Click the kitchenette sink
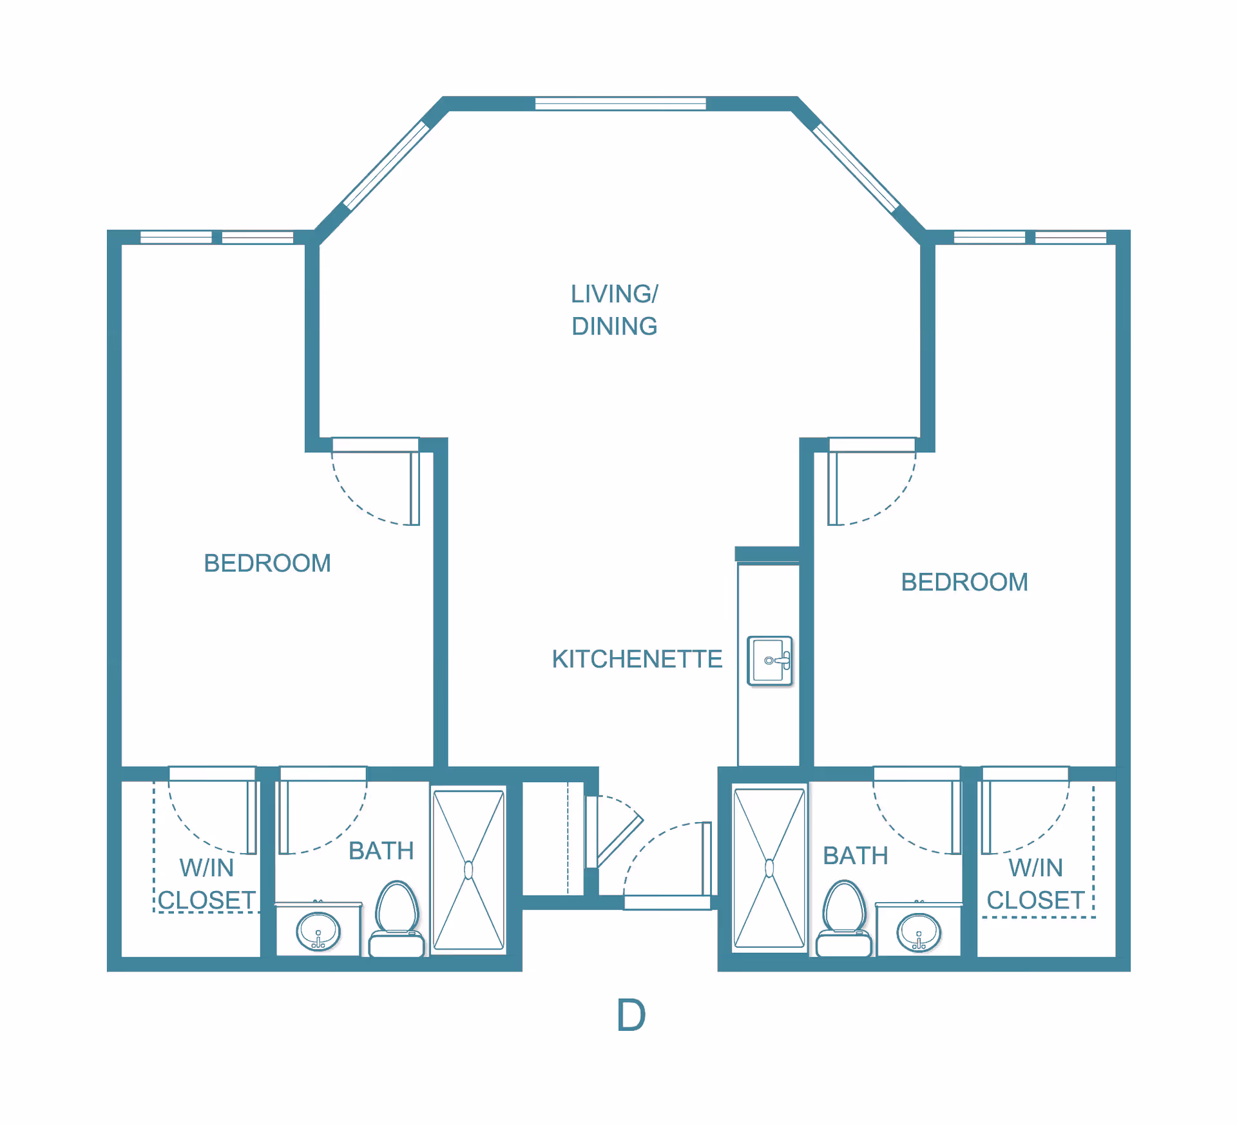click(x=770, y=660)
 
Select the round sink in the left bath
click(x=318, y=932)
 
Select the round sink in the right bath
click(x=919, y=932)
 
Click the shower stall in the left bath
click(x=468, y=870)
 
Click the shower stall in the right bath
click(x=769, y=868)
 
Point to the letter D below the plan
click(x=631, y=1015)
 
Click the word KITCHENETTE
click(x=637, y=659)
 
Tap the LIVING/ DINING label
click(x=615, y=310)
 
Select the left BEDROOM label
click(x=267, y=563)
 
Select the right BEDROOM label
click(x=964, y=582)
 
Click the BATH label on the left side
click(x=381, y=851)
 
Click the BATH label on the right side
click(x=856, y=856)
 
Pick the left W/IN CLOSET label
click(x=207, y=884)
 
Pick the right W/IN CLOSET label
click(x=1036, y=884)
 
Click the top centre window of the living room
click(x=620, y=103)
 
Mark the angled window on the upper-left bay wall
click(x=386, y=166)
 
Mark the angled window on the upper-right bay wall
click(x=856, y=168)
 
